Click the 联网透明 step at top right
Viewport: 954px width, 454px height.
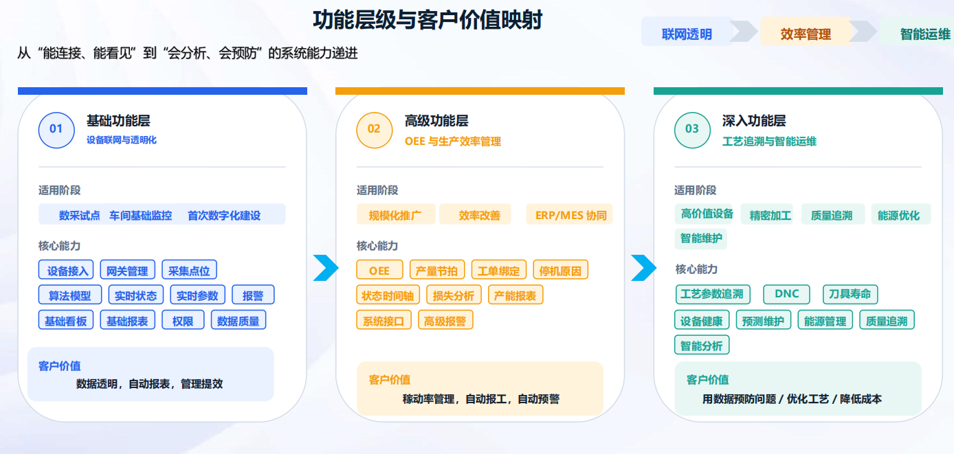point(687,34)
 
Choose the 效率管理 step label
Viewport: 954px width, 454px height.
point(806,34)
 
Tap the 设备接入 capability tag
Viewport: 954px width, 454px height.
point(66,270)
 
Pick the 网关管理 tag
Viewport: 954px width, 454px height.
point(127,270)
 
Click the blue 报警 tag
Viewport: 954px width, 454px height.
point(253,295)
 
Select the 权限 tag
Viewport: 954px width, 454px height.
point(183,320)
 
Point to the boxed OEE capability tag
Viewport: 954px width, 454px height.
point(379,270)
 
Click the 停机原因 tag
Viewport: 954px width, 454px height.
point(560,270)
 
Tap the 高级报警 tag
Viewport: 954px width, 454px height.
point(445,320)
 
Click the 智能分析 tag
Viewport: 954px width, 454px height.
point(702,345)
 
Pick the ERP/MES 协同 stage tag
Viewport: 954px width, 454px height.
point(570,214)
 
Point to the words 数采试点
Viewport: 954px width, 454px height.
point(79,215)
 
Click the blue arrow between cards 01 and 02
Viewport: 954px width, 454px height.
point(326,268)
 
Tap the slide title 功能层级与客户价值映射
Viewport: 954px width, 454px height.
point(428,20)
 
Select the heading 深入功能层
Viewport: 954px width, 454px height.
point(754,121)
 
